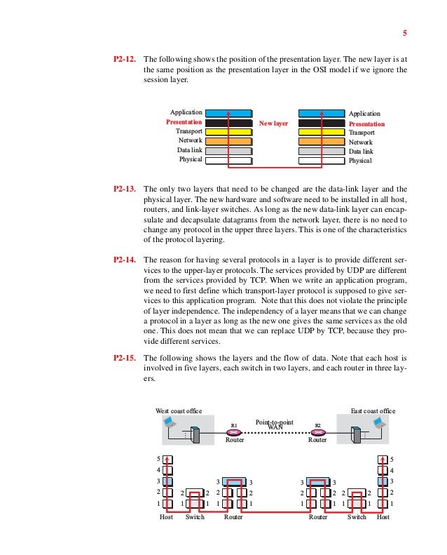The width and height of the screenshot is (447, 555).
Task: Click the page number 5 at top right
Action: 404,33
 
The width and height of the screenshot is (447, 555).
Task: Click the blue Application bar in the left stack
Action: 229,112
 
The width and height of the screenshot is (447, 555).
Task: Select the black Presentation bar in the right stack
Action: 322,123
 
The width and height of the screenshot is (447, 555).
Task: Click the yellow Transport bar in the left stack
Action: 229,131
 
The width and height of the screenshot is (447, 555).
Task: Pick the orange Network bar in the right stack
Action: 322,141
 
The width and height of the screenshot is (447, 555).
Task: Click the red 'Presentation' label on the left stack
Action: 184,122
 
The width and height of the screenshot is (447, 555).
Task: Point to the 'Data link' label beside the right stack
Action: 361,151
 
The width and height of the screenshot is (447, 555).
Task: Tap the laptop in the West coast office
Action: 168,422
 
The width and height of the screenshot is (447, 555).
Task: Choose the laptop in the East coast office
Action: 379,422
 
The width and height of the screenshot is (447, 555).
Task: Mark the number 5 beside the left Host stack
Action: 158,459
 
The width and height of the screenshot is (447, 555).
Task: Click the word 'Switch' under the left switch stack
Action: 194,516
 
